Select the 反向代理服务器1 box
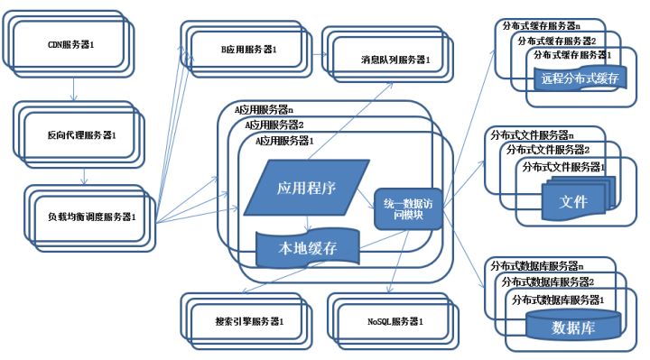(x=82, y=134)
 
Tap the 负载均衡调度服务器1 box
(x=91, y=217)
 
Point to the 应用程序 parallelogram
(x=303, y=189)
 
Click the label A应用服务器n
(x=264, y=109)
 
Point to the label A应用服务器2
(x=274, y=125)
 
